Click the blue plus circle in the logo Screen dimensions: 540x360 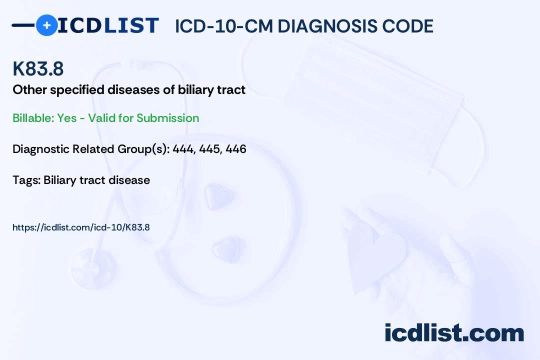pos(46,25)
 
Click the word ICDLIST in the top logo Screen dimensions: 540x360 pos(108,25)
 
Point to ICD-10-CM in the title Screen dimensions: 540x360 pos(224,26)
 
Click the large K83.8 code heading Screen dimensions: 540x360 pos(38,68)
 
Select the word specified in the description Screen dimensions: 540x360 pos(77,90)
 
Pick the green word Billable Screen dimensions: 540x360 pos(33,118)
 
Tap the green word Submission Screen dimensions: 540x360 pos(167,118)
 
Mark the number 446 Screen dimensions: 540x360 pos(236,149)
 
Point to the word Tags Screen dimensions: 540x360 pos(26,180)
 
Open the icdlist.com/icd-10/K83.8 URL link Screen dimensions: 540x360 pos(81,227)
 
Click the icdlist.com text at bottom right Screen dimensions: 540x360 pos(454,332)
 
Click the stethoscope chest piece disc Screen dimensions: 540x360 pos(93,268)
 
